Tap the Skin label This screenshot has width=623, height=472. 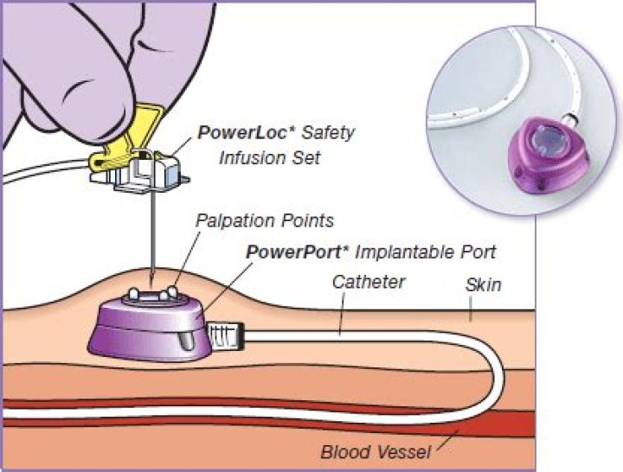(483, 284)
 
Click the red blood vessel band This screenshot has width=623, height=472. (260, 431)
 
